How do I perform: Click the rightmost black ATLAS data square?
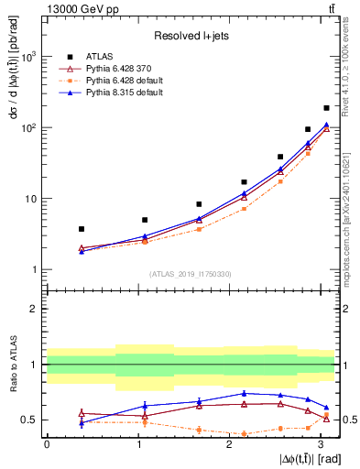coord(326,108)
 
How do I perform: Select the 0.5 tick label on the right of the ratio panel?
coord(348,420)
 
